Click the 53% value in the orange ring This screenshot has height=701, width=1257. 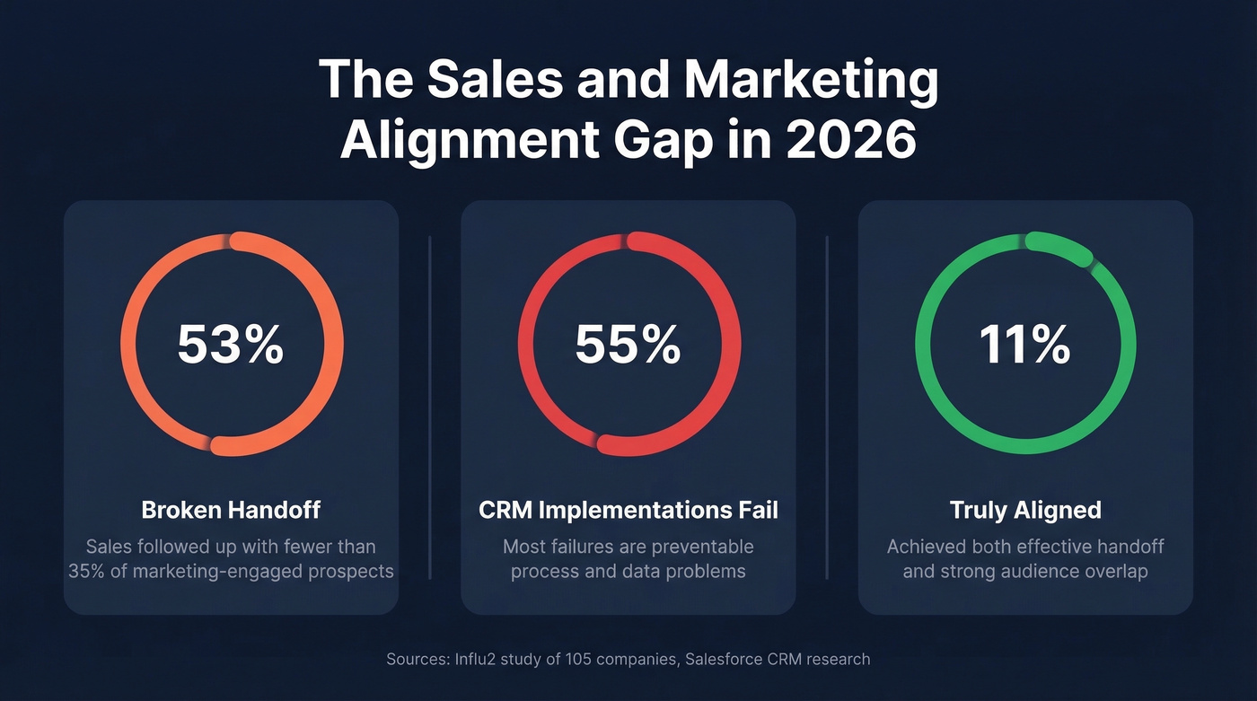[231, 345]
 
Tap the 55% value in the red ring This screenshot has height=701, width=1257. [628, 345]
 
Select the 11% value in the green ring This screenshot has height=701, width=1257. [1025, 345]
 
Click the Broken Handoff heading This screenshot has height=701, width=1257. [231, 511]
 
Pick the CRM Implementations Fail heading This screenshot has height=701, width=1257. [628, 511]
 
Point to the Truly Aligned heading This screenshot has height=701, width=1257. [1025, 511]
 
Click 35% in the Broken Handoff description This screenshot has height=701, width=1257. [88, 571]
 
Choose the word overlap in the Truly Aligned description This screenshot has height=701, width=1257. [1115, 571]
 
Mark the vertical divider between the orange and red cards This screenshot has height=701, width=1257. [430, 407]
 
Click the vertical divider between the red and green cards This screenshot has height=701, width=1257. [827, 407]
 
